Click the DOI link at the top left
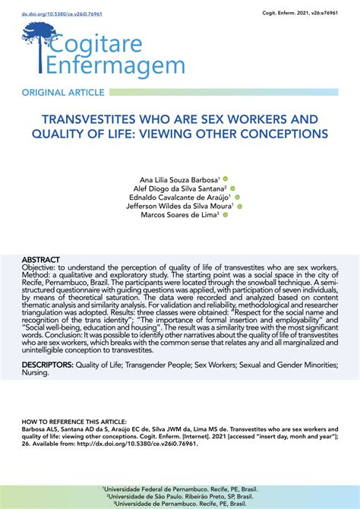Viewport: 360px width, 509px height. (x=52, y=14)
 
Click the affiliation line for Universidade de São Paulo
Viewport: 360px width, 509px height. (x=179, y=495)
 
